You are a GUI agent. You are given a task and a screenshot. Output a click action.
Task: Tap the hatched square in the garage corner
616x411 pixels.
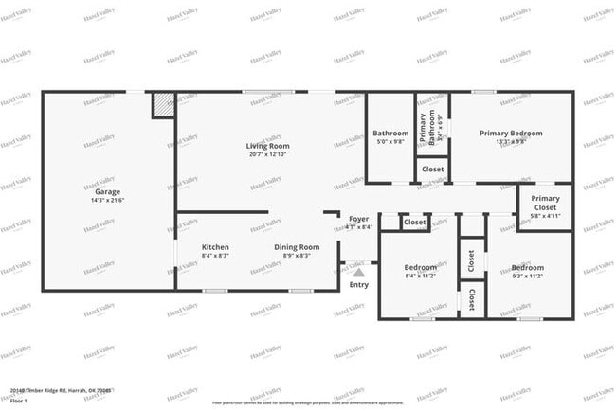point(164,105)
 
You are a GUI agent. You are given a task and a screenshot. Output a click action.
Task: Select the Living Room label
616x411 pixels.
point(267,146)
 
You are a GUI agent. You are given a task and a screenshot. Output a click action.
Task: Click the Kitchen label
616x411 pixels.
point(215,247)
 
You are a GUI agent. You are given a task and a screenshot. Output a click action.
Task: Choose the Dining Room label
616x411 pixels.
point(297,247)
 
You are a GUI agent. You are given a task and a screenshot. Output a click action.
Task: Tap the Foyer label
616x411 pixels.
point(358,219)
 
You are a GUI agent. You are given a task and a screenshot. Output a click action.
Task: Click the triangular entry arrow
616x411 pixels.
point(358,272)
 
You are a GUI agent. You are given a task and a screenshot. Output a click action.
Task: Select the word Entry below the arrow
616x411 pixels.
point(359,284)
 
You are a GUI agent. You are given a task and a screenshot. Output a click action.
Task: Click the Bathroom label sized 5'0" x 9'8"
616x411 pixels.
point(390,134)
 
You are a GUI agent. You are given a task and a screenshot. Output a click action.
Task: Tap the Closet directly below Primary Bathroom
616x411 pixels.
point(432,170)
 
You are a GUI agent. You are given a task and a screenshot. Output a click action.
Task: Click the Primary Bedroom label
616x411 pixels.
point(511,134)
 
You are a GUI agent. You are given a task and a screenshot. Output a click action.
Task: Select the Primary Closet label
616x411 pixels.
point(545,203)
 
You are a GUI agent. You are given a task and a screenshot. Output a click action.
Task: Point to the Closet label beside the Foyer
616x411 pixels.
point(414,223)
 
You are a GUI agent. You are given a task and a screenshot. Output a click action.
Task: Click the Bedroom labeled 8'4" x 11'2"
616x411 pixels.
point(420,267)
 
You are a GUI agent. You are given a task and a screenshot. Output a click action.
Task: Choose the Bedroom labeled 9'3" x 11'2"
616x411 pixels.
point(527,267)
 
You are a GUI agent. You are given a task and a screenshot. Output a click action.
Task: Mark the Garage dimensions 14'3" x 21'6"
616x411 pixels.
point(107,201)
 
